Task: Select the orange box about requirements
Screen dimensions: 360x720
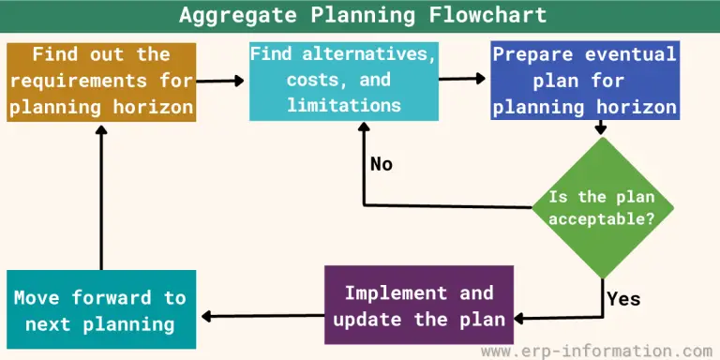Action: (x=101, y=81)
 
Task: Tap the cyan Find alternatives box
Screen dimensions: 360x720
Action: (x=343, y=81)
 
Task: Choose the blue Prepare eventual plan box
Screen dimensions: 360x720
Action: (x=585, y=81)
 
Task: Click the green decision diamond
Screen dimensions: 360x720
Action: (x=600, y=208)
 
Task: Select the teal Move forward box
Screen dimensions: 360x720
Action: (x=100, y=310)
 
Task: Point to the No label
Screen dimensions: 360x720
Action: (x=382, y=164)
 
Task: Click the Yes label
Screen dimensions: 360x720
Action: (x=623, y=299)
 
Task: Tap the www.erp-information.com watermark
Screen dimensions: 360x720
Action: (x=597, y=350)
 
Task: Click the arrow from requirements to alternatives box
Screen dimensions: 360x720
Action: (x=222, y=81)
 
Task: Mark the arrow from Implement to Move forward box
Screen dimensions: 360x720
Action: (x=262, y=315)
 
